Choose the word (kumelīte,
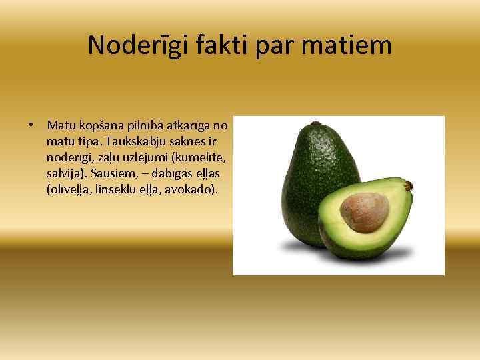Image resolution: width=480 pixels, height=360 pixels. pos(194,157)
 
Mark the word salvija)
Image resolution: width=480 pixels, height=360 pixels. pos(65,173)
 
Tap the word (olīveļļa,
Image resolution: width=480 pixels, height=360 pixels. pos(73,189)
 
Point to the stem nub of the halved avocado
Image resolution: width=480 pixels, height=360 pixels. pos(408,185)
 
